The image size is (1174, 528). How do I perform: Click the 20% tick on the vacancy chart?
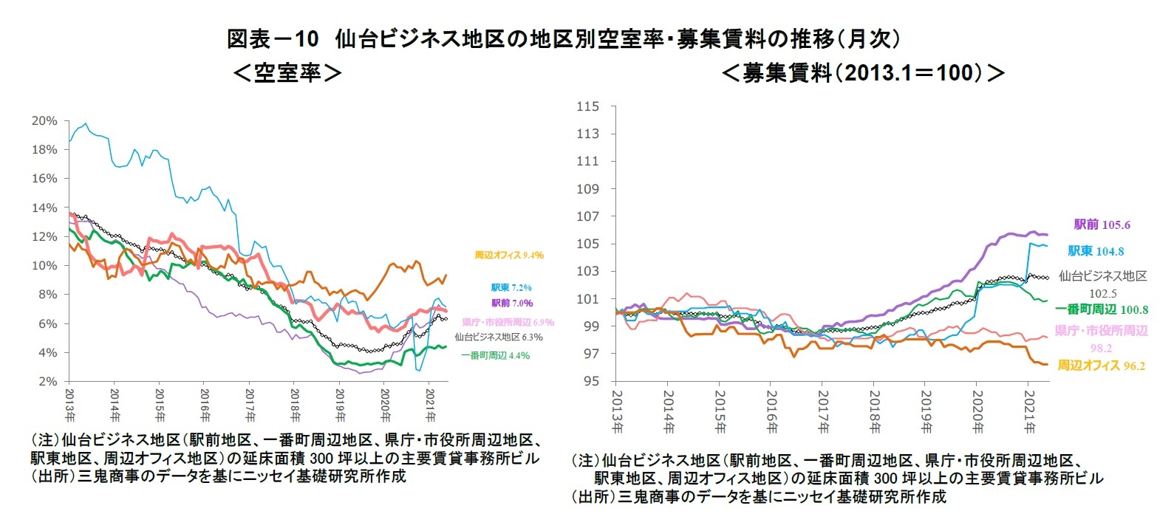[44, 120]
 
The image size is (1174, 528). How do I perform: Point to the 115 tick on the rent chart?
[588, 106]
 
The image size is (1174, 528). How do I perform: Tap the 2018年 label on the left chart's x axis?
[295, 405]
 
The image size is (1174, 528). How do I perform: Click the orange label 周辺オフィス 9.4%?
[508, 256]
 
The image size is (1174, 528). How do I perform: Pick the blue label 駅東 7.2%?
[511, 288]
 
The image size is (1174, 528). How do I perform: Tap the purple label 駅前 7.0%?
[511, 304]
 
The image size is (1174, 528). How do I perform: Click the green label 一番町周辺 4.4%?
[495, 356]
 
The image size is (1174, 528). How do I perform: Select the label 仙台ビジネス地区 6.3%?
[498, 337]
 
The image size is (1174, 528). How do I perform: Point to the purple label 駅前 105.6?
[1102, 224]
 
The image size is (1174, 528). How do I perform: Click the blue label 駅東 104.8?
[1096, 251]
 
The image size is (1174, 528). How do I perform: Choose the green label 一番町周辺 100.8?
[1101, 309]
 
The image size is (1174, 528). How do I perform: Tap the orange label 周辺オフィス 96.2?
[1101, 366]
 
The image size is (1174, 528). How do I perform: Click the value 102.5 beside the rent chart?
[1102, 293]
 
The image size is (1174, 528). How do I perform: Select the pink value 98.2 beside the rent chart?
[1101, 348]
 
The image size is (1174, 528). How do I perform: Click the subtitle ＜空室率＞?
[287, 72]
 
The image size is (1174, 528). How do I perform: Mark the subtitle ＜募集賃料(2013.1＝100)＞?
[862, 72]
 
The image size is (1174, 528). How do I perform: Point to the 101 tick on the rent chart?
[588, 299]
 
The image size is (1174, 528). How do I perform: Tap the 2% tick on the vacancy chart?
[47, 381]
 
